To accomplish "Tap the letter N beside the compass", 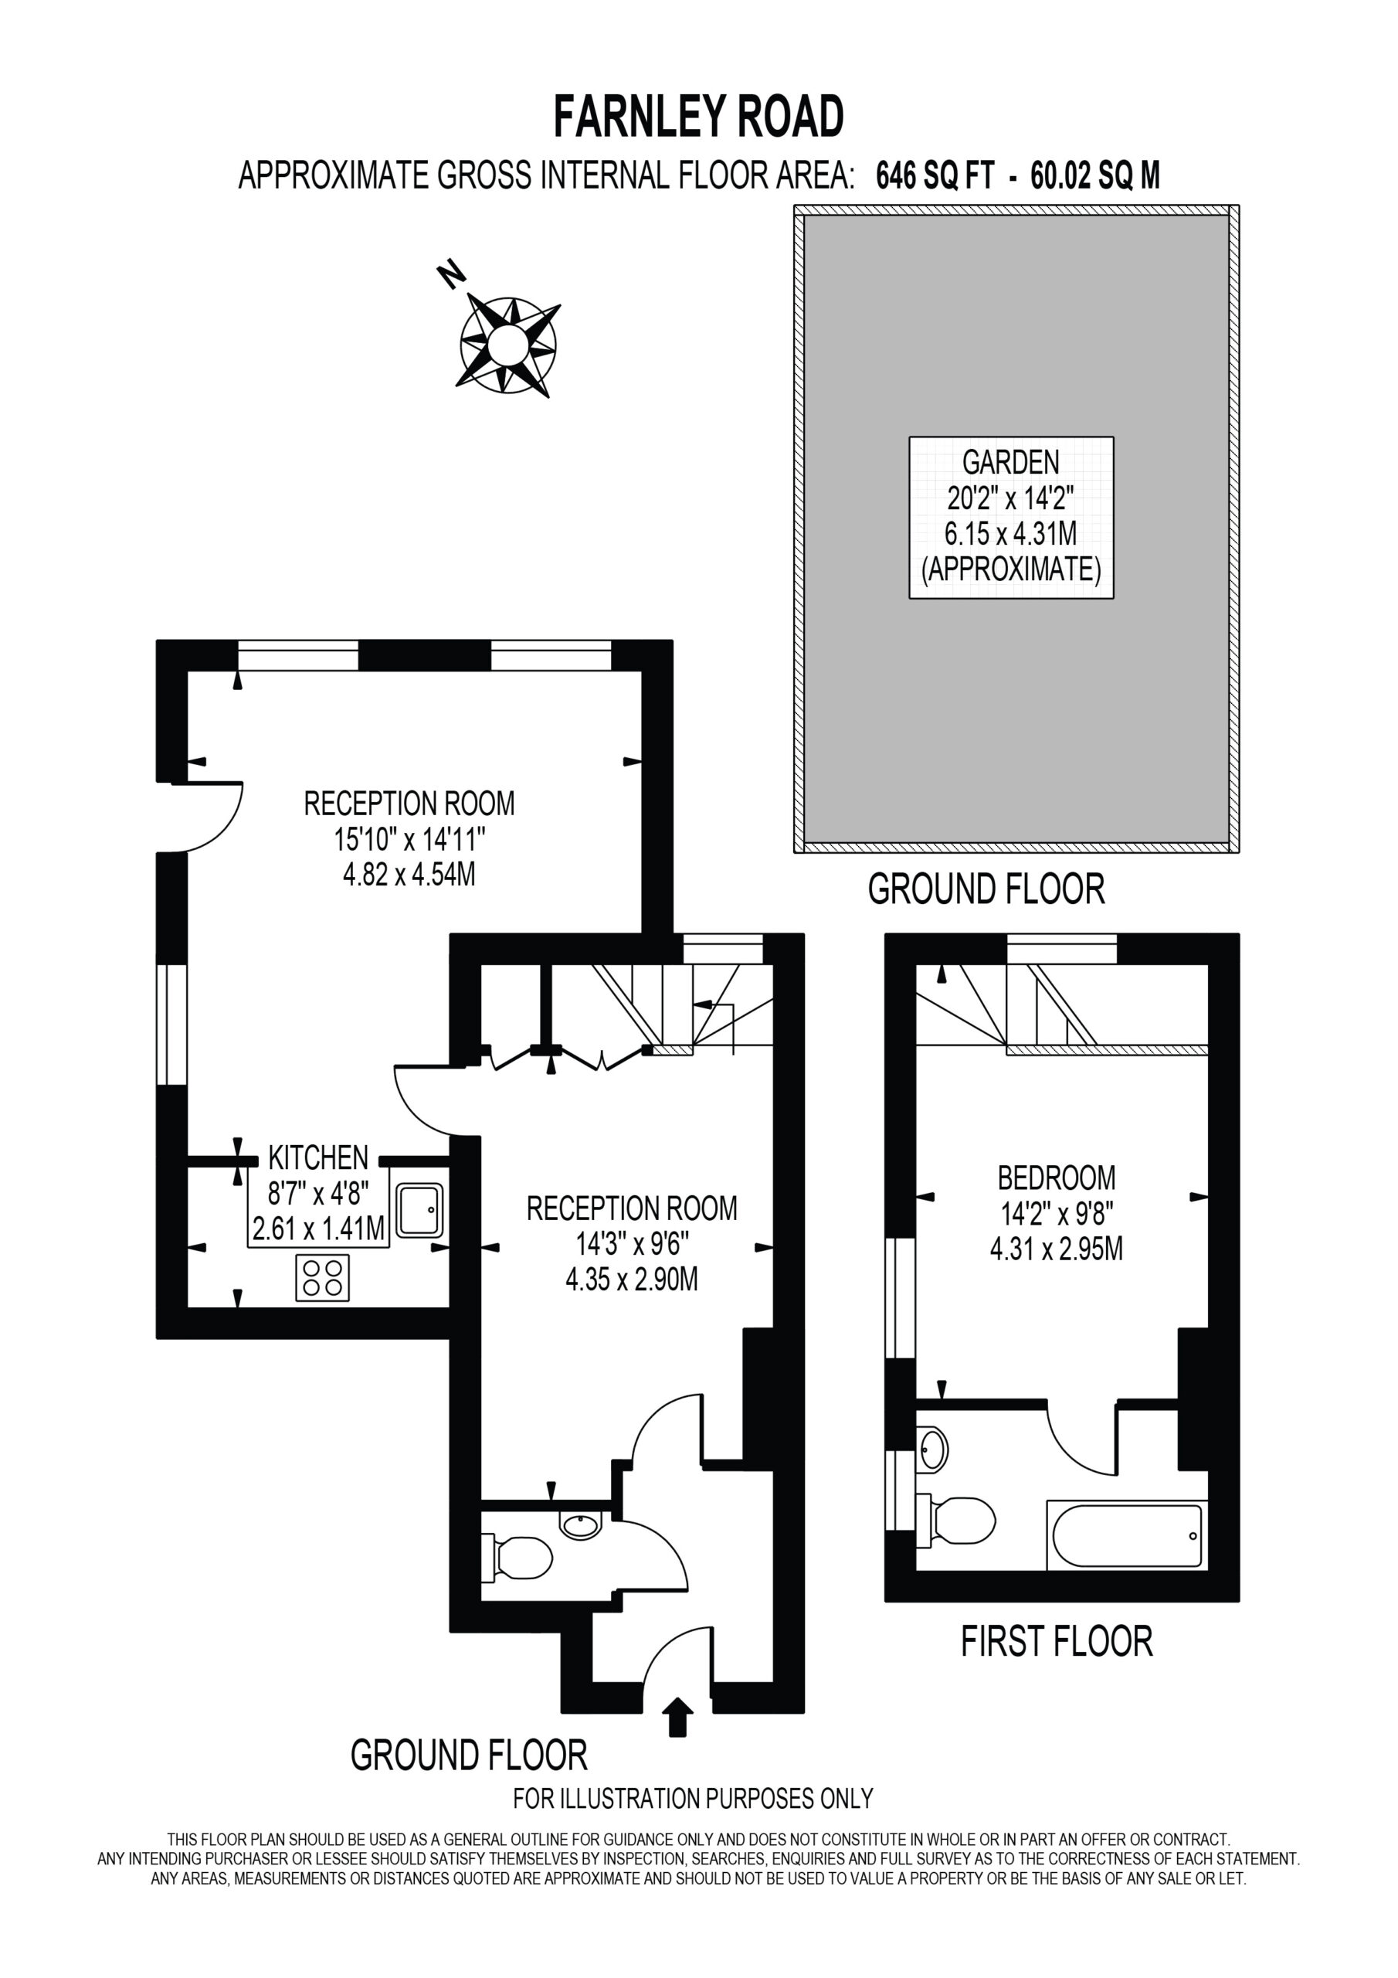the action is pos(451,274).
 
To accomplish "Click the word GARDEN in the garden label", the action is pos(1010,463).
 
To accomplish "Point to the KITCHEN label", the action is pos(318,1157).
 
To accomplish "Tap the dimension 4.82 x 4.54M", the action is pos(409,875).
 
